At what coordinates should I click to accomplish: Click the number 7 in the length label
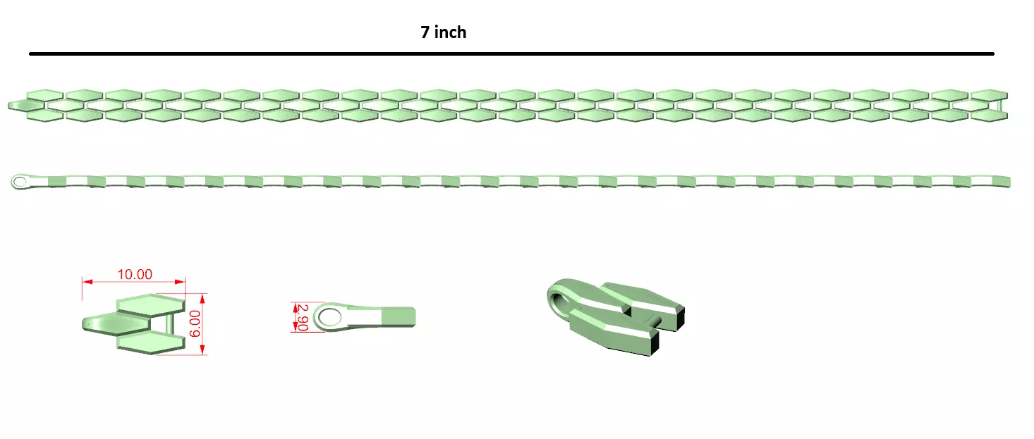click(x=425, y=32)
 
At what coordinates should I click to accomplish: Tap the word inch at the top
click(x=450, y=32)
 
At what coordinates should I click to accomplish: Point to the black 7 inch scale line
click(x=511, y=54)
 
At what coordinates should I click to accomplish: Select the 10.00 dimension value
click(x=135, y=274)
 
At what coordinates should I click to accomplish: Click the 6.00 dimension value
click(x=195, y=323)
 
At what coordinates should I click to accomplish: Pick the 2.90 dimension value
click(x=303, y=317)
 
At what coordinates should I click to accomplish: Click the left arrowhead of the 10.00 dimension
click(x=87, y=281)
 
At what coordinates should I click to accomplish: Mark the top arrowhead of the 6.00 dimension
click(x=202, y=297)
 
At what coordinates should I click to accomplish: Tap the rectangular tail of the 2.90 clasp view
click(x=398, y=316)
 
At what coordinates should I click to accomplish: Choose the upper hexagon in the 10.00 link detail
click(x=150, y=304)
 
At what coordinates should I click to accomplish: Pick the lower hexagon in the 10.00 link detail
click(x=150, y=342)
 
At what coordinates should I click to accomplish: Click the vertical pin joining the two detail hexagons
click(x=173, y=323)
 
